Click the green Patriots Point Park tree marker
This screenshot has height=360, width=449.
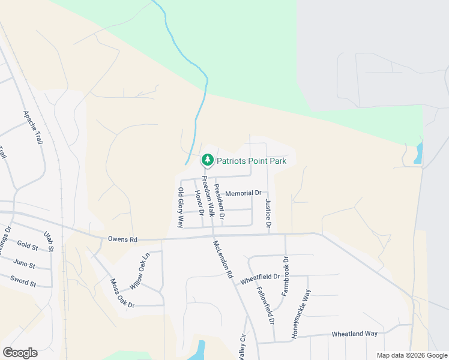(x=208, y=160)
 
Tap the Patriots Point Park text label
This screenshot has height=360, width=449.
(x=252, y=161)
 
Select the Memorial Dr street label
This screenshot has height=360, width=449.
(x=244, y=194)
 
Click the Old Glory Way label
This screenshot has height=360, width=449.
(x=180, y=207)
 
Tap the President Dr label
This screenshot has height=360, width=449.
(x=220, y=201)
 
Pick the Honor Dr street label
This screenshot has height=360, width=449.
(x=200, y=204)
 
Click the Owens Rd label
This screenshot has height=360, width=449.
(x=123, y=239)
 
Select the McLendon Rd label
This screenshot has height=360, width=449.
(x=222, y=259)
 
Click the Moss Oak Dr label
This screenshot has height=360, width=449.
(x=122, y=293)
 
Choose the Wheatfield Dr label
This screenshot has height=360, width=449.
(x=260, y=278)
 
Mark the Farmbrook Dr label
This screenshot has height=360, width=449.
(x=285, y=277)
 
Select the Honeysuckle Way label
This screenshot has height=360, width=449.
(x=301, y=314)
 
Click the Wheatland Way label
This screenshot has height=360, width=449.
(x=355, y=334)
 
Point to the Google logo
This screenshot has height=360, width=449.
(x=20, y=353)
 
